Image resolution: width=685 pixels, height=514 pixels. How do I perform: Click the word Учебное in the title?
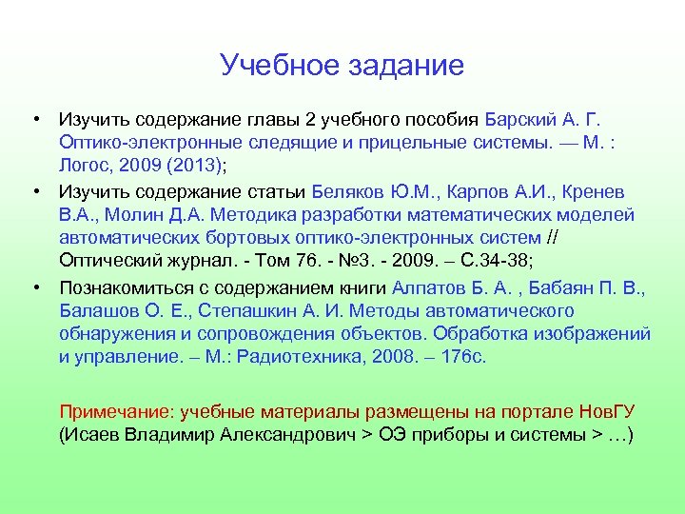pyautogui.click(x=275, y=66)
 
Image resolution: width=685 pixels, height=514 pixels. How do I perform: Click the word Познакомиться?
pyautogui.click(x=121, y=289)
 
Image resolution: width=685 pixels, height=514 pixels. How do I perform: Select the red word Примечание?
pyautogui.click(x=111, y=412)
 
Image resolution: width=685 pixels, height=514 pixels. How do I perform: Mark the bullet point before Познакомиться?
pyautogui.click(x=34, y=287)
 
